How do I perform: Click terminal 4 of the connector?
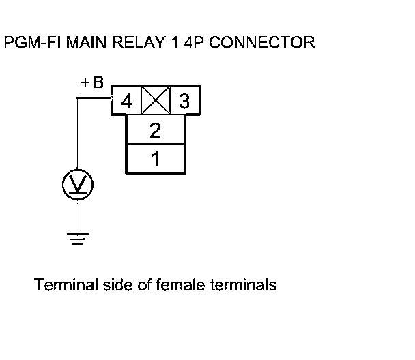[x=126, y=103]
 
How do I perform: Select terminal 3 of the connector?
[x=184, y=103]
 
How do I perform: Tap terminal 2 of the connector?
[x=155, y=130]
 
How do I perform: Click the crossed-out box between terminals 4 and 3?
[x=155, y=102]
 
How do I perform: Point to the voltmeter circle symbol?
[x=78, y=184]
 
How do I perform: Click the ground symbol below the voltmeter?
[x=78, y=239]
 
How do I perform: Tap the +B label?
[x=92, y=84]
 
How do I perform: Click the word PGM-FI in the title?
[x=29, y=43]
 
